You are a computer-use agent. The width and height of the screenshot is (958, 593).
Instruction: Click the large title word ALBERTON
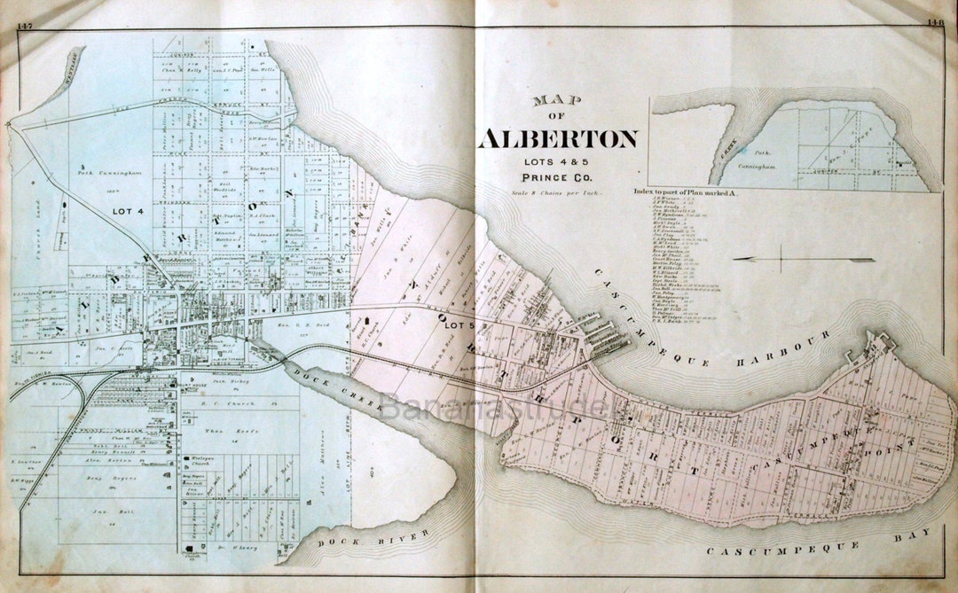coord(558,139)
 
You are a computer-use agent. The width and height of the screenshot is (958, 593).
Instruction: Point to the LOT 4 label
coord(130,212)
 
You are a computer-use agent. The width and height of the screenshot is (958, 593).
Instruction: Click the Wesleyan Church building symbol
coord(185,459)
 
